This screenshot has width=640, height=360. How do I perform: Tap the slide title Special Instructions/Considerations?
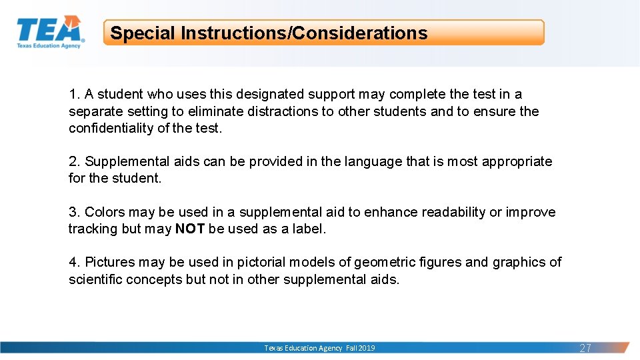coord(269,33)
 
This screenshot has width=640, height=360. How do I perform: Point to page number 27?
coord(585,348)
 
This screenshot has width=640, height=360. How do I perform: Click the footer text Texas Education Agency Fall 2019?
coord(319,348)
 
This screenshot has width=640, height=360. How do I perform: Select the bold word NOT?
coord(190,229)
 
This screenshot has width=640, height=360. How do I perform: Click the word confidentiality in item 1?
coord(111,129)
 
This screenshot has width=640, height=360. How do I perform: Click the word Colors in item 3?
coord(105,212)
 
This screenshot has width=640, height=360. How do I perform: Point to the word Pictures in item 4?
coord(110,262)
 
